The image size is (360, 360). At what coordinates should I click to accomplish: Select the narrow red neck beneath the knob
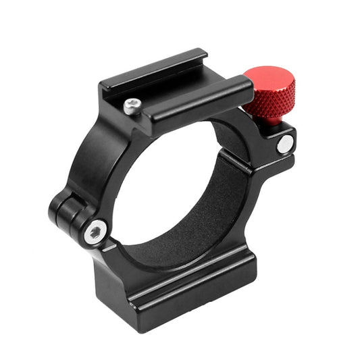(272, 120)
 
